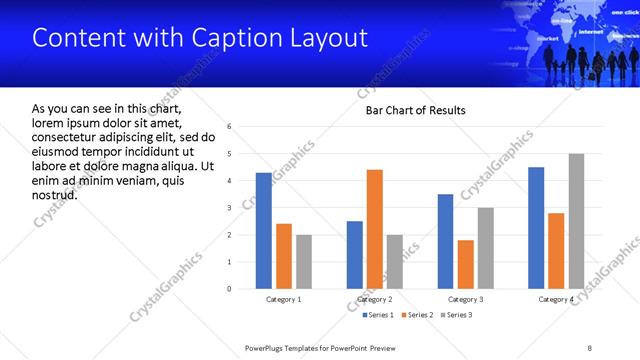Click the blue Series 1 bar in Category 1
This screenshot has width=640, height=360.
pos(263,231)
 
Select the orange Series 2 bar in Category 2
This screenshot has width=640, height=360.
pos(375,229)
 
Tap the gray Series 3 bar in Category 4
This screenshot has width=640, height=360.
pos(576,221)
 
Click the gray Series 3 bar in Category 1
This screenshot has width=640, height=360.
pos(304,262)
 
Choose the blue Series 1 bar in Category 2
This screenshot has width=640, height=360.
pos(355,255)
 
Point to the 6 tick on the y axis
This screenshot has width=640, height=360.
pos(230,127)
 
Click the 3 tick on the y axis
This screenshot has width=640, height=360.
pos(230,208)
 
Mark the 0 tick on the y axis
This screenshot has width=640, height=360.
pos(230,289)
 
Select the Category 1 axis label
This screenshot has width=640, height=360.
pos(284,299)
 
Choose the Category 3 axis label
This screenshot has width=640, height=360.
pos(466,299)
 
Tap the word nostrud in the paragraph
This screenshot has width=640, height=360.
pos(54,194)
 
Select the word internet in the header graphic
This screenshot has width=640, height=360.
pos(592,31)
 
